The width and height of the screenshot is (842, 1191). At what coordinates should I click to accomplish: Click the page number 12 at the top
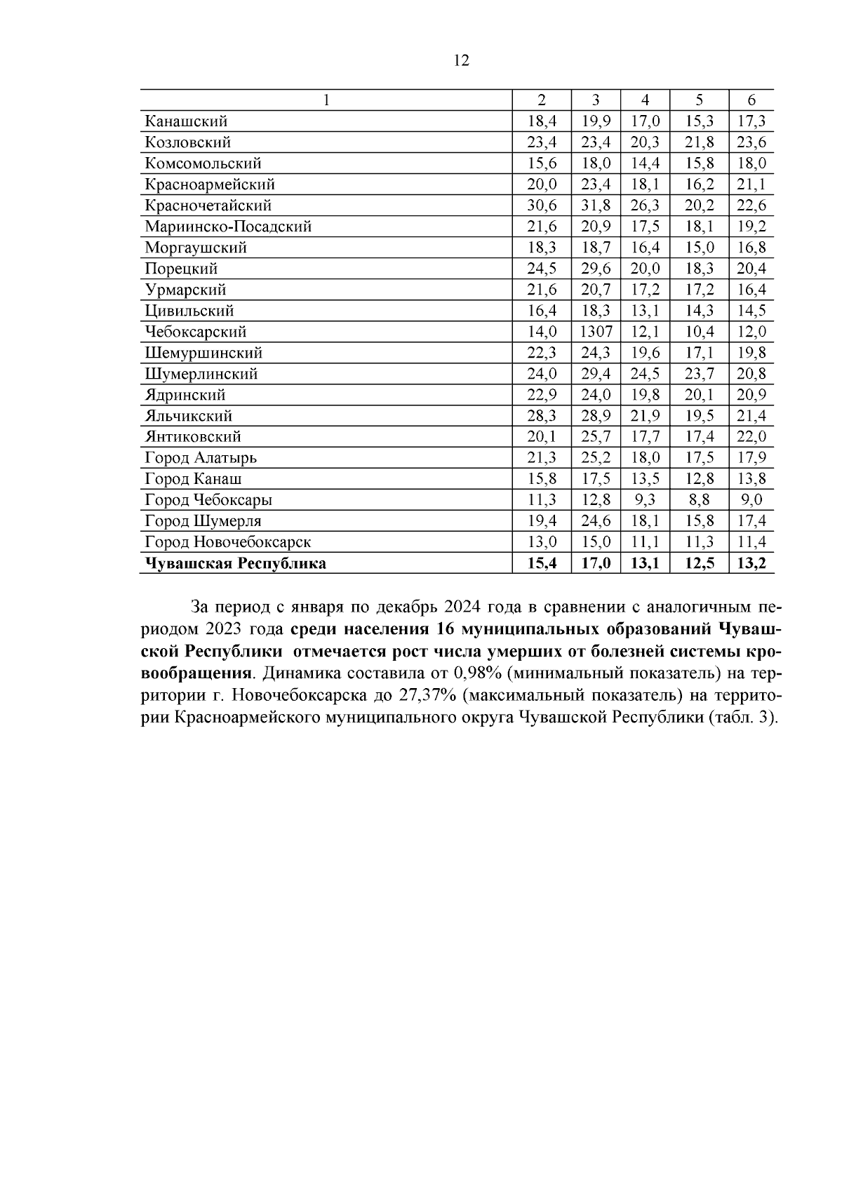[461, 61]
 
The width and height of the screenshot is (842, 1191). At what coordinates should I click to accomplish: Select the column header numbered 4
[645, 100]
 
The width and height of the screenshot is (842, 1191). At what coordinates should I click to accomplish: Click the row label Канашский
[186, 121]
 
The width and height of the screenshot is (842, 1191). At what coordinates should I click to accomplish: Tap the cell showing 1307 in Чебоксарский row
[596, 332]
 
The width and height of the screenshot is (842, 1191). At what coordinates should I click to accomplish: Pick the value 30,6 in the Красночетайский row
[542, 206]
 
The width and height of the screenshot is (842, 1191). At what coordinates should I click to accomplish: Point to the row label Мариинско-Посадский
[228, 227]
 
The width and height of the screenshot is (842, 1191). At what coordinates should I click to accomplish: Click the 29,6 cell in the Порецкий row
[596, 269]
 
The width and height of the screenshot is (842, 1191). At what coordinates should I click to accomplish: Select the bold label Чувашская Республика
[235, 563]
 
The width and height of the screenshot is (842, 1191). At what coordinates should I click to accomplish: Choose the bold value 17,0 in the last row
[596, 563]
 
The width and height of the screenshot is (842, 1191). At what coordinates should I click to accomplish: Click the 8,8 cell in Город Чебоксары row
[699, 500]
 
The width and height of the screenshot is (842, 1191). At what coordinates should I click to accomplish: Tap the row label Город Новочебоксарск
[227, 542]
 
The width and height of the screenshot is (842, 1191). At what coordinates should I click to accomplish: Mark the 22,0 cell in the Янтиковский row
[751, 437]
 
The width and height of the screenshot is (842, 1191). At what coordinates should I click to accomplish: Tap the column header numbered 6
[751, 100]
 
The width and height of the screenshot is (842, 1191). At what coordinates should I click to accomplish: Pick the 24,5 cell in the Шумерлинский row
[645, 374]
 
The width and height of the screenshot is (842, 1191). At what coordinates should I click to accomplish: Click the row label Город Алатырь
[201, 458]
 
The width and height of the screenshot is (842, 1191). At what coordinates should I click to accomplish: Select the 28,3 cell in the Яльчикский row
[542, 416]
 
